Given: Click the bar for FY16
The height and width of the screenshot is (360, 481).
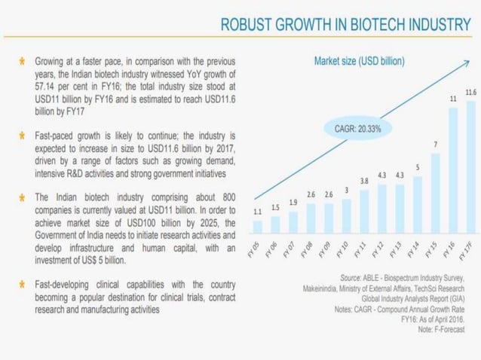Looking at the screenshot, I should (453, 169).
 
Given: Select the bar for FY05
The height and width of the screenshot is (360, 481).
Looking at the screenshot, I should (258, 225).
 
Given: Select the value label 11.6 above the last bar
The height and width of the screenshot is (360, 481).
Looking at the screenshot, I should (470, 92).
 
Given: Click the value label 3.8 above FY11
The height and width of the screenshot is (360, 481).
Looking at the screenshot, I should (363, 181).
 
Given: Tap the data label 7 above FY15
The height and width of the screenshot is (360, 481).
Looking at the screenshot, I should (435, 144).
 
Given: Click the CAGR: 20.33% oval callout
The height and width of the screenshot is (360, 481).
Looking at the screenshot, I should (357, 129).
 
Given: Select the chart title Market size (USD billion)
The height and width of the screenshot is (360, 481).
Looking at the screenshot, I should (358, 59).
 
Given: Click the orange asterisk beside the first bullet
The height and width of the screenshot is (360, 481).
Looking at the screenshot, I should (23, 61).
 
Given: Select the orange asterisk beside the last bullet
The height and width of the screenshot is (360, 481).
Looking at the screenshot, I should (23, 285).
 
